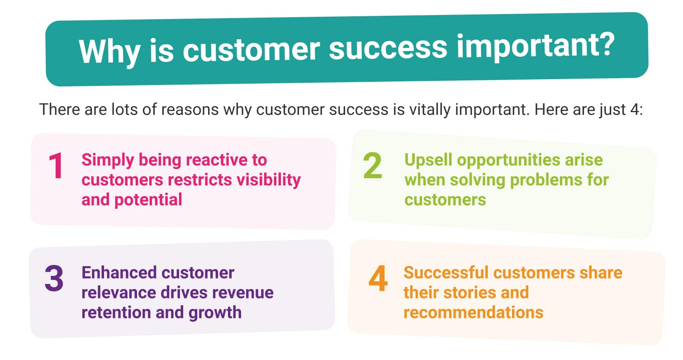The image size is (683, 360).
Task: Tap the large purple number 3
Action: pyautogui.click(x=54, y=278)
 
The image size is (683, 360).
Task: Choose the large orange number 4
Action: pyautogui.click(x=378, y=278)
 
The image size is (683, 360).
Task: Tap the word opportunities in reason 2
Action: pyautogui.click(x=508, y=161)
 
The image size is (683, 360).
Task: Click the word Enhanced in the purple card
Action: pyautogui.click(x=119, y=273)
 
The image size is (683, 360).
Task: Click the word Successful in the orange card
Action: pyautogui.click(x=446, y=273)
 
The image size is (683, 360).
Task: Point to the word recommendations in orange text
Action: pyautogui.click(x=474, y=313)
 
